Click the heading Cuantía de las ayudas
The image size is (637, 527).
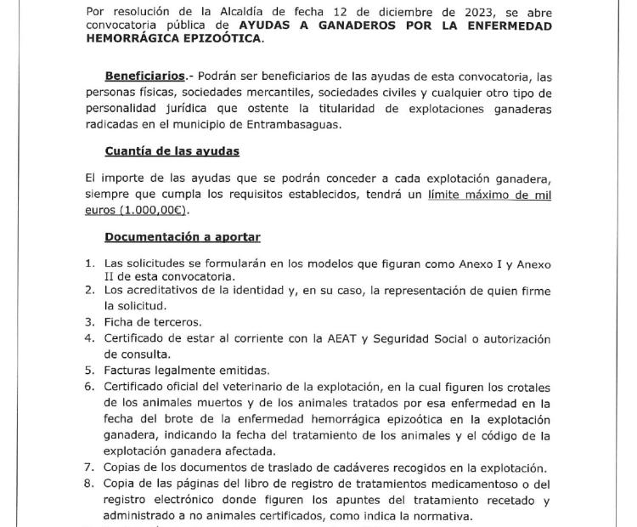(172, 151)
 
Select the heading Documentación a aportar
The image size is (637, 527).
(182, 237)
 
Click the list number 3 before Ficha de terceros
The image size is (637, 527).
(88, 322)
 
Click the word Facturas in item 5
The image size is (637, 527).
(132, 370)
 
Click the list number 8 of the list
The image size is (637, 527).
(88, 484)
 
